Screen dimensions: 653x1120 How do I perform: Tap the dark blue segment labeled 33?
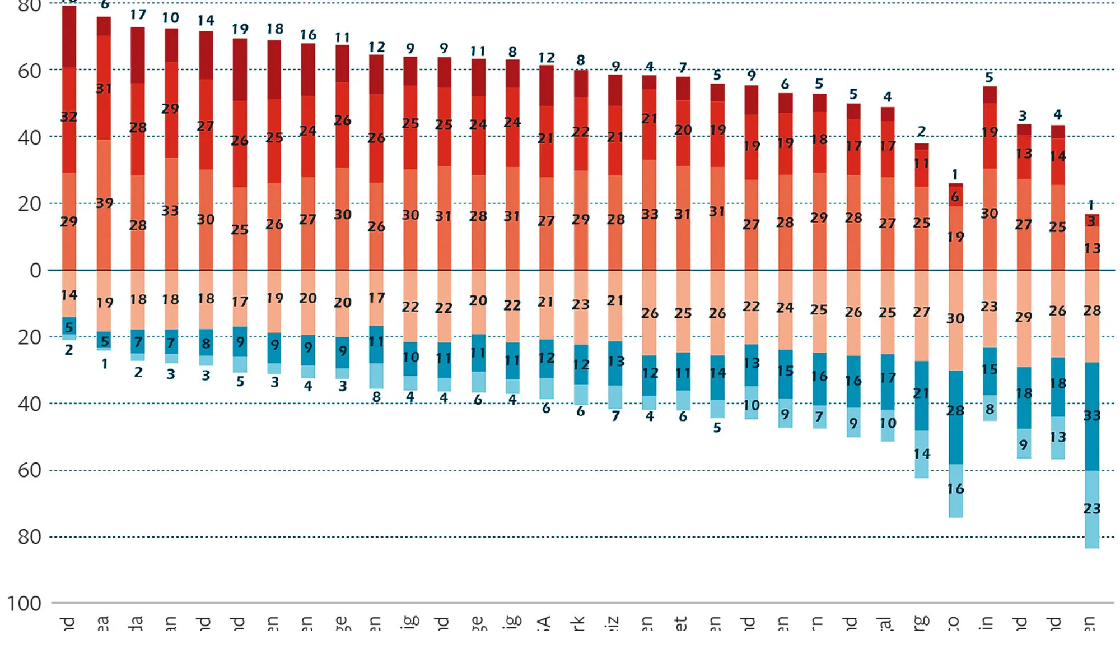pyautogui.click(x=1091, y=416)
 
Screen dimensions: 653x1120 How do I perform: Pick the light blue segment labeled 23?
pyautogui.click(x=1091, y=509)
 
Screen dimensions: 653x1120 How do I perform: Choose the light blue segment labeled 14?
pyautogui.click(x=921, y=454)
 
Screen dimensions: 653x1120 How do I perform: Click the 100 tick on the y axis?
pyautogui.click(x=24, y=604)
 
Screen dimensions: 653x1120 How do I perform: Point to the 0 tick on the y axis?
pyautogui.click(x=35, y=271)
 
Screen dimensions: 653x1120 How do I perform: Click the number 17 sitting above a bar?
pyautogui.click(x=138, y=15)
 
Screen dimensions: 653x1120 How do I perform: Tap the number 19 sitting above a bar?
pyautogui.click(x=240, y=29)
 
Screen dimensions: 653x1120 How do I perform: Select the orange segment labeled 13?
pyautogui.click(x=1091, y=248)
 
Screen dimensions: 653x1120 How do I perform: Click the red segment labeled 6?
pyautogui.click(x=955, y=196)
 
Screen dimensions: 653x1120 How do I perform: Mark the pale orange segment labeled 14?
pyautogui.click(x=69, y=294)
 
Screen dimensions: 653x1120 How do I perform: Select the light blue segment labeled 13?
pyautogui.click(x=1057, y=437)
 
